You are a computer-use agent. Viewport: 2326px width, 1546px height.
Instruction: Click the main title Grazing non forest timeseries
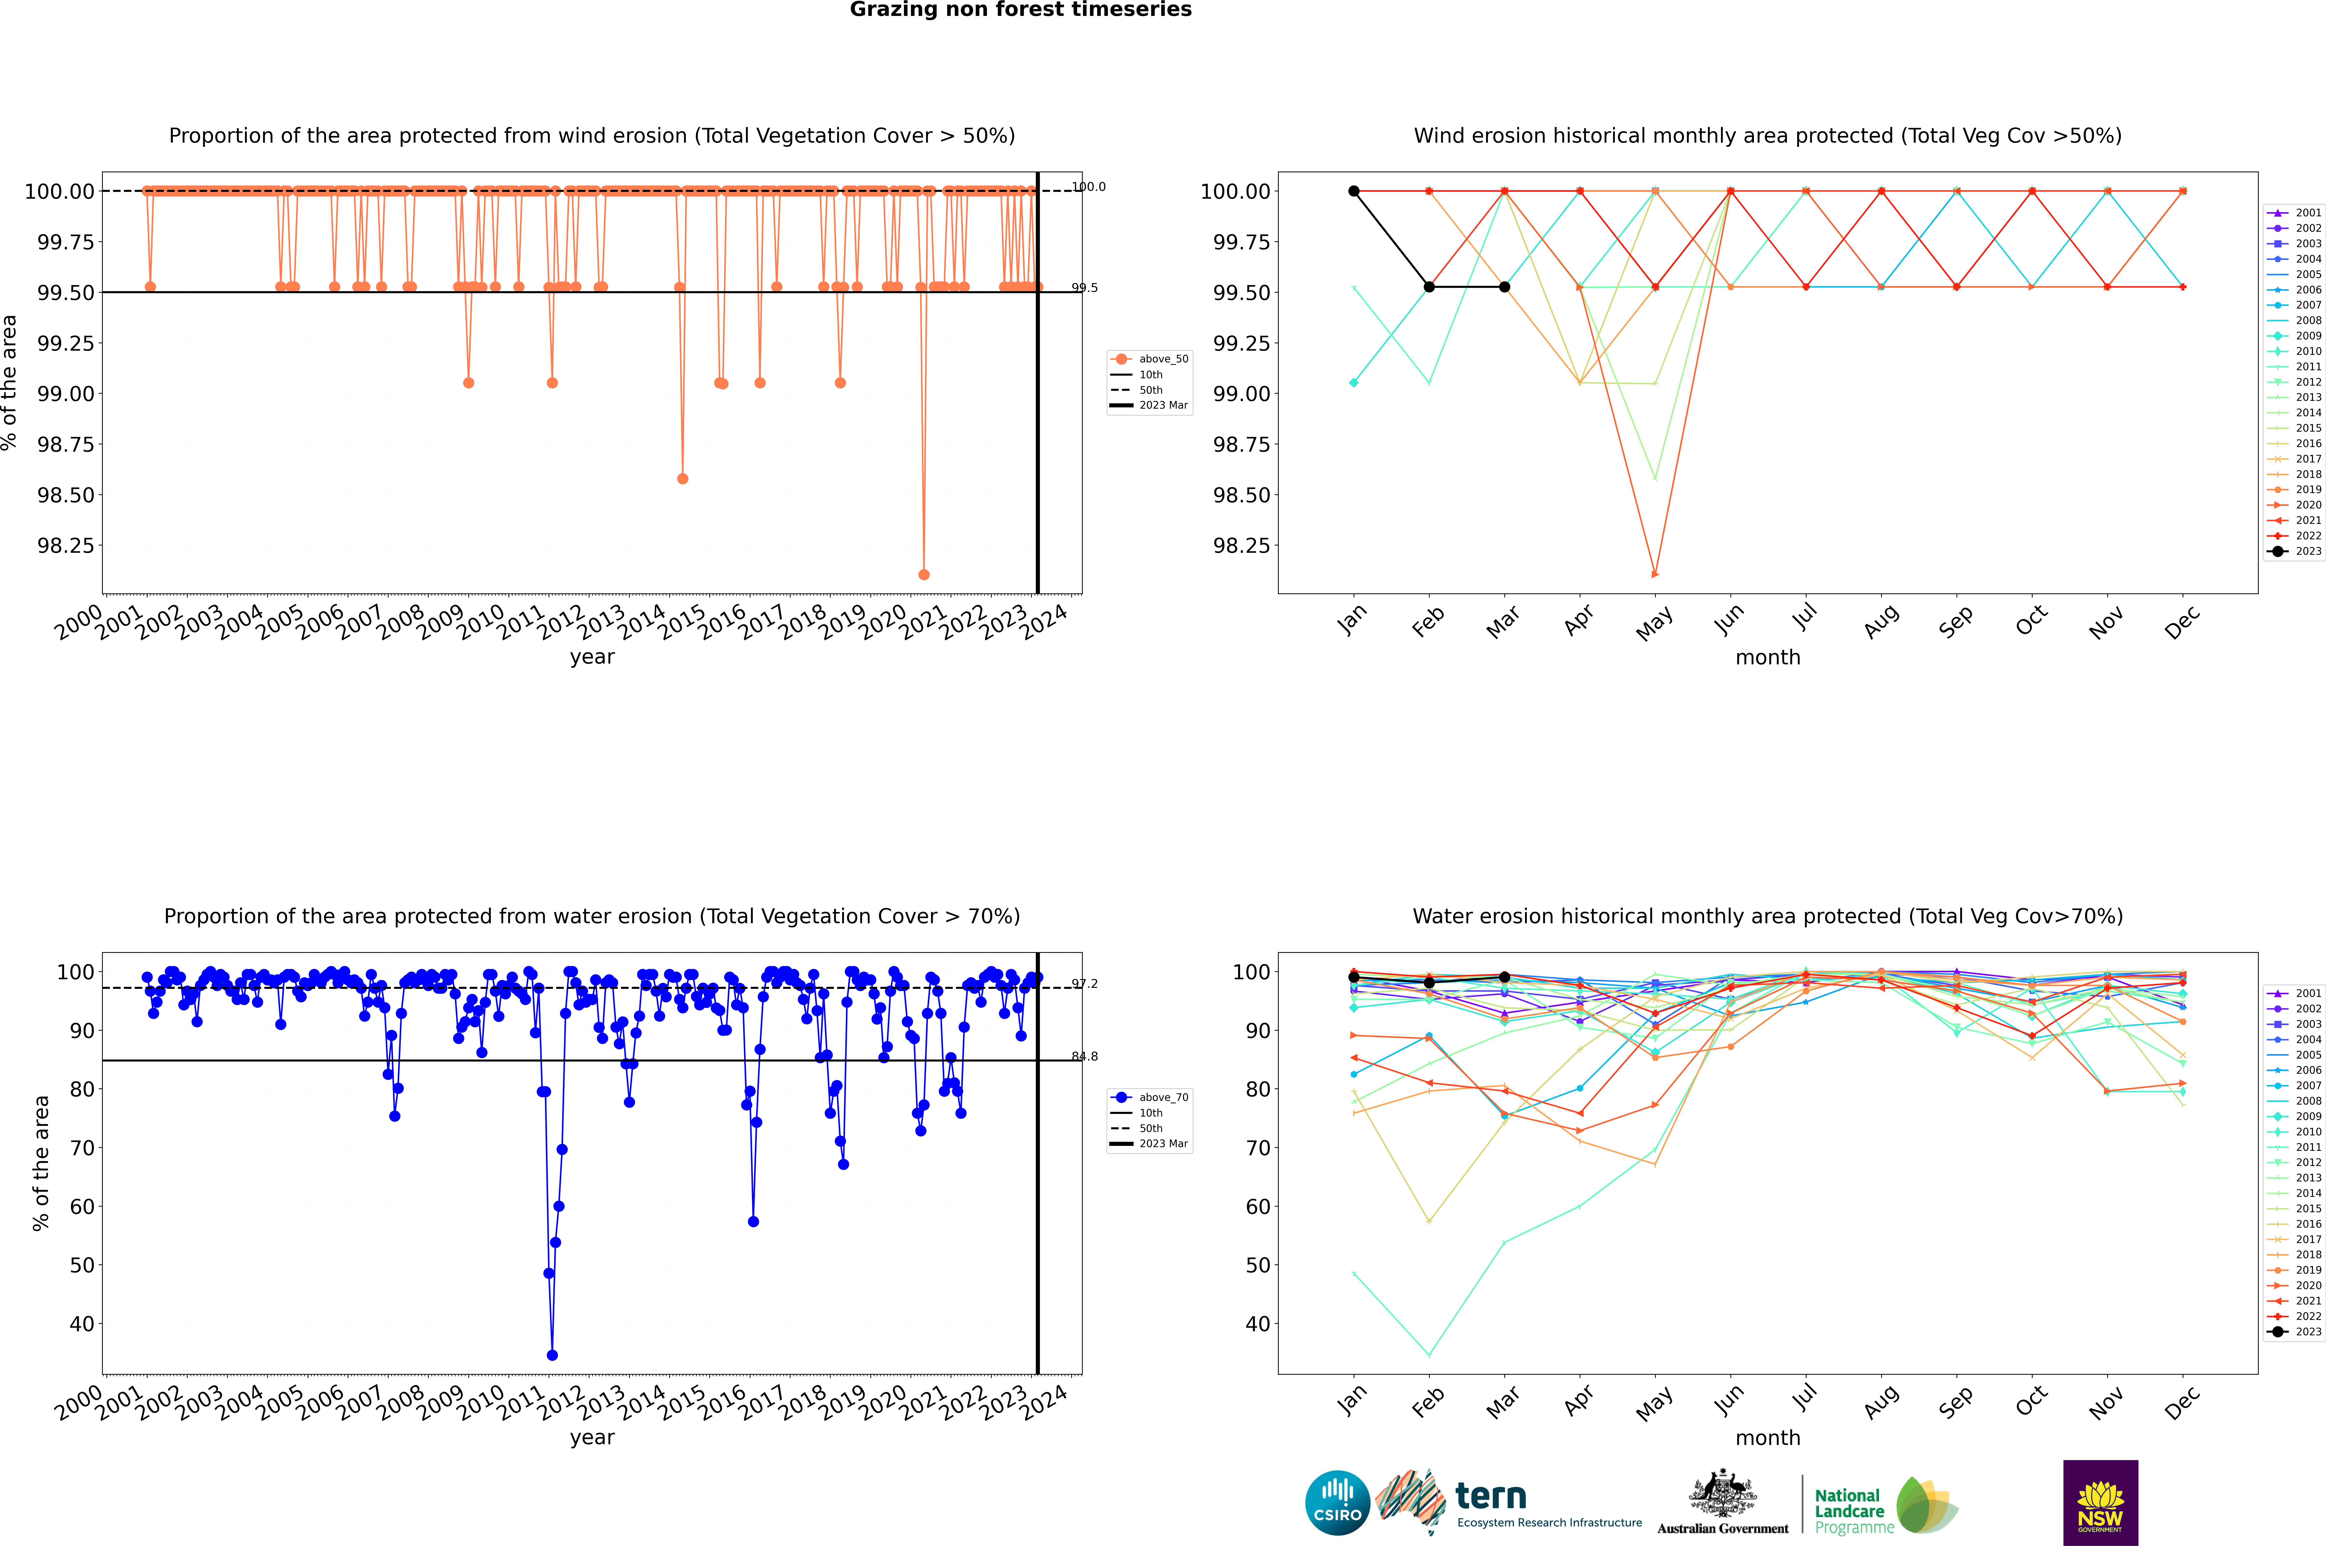pos(1021,10)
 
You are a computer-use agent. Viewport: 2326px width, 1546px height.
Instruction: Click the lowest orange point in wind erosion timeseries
pos(924,574)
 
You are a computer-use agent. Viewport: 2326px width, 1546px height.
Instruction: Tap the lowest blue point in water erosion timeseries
pos(552,1355)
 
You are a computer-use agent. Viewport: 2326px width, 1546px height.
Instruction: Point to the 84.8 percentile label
pos(1085,1056)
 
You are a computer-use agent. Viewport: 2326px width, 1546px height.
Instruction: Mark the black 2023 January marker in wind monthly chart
pos(1354,191)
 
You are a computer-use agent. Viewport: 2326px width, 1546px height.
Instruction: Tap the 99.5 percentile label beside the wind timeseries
pos(1085,288)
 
